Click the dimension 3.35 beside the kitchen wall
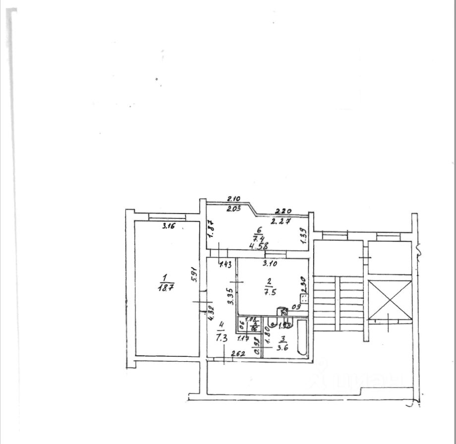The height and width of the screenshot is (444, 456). pyautogui.click(x=229, y=295)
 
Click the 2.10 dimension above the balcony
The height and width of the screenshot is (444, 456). pyautogui.click(x=233, y=199)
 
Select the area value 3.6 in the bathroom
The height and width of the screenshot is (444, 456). pyautogui.click(x=283, y=346)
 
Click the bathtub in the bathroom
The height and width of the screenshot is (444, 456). pyautogui.click(x=302, y=337)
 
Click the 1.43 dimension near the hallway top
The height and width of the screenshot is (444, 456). pyautogui.click(x=226, y=265)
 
